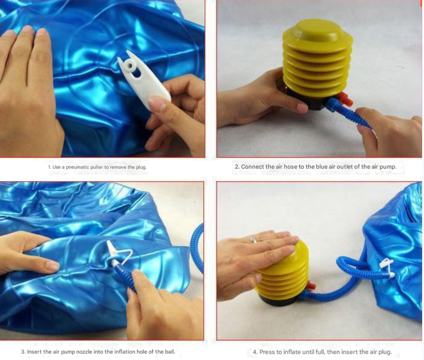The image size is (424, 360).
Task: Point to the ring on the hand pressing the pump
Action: (253, 240)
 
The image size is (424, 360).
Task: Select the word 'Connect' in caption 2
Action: (252, 166)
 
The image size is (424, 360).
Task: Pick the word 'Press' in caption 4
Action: (267, 352)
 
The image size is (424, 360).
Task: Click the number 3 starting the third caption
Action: (23, 351)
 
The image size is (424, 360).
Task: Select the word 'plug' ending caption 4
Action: (385, 352)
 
